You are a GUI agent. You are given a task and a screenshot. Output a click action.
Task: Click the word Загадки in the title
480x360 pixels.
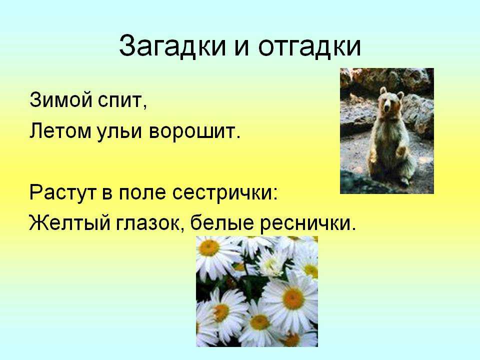coord(172,46)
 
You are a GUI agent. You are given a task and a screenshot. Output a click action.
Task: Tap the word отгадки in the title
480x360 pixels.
coord(309,46)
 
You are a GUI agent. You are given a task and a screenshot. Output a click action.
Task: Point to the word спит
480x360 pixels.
coord(122,101)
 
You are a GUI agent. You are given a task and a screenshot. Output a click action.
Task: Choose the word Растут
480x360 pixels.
coord(63,193)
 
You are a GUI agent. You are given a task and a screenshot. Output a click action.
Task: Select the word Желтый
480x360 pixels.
coord(69,222)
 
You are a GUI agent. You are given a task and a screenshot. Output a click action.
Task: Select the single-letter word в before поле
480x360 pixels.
coord(107,194)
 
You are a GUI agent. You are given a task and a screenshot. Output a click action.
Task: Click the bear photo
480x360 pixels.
coord(387,130)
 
